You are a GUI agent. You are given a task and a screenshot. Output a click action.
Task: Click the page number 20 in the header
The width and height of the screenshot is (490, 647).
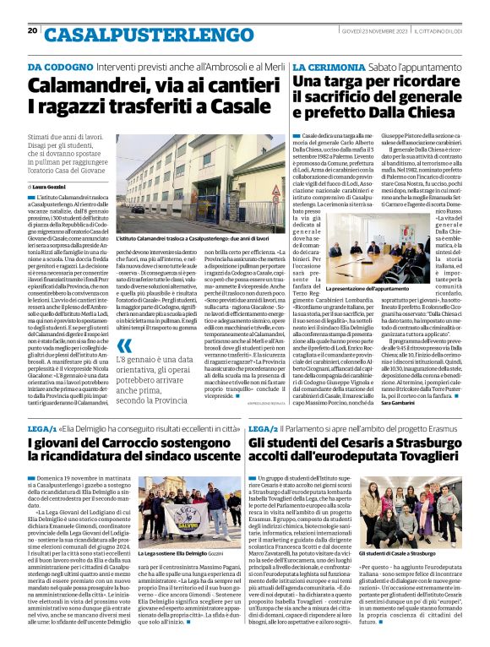(33, 30)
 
